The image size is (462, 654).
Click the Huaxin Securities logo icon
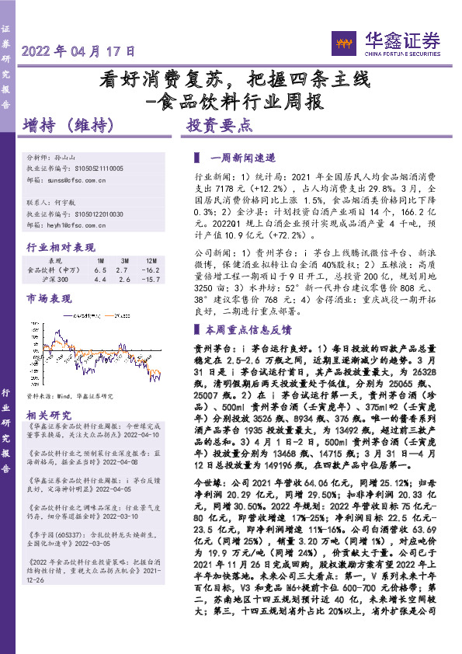pos(342,40)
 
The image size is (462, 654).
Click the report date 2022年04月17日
pos(78,52)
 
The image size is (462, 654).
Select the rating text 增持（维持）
pos(68,124)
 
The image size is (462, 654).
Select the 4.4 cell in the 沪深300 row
pos(100,278)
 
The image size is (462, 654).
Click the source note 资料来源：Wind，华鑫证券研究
pos(69,395)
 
